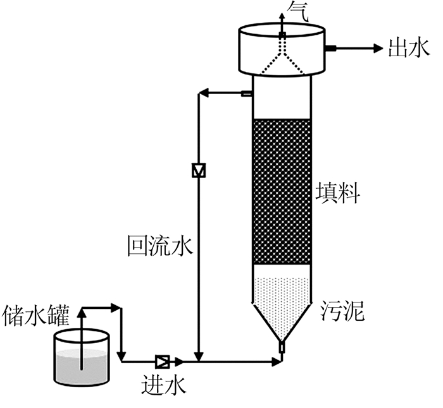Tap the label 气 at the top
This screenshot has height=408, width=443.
coord(296,11)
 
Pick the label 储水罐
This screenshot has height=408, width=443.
coord(36,314)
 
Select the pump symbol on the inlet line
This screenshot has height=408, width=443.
coord(162,361)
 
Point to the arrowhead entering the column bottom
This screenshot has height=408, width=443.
coord(277,361)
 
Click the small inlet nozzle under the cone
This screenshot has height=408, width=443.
coord(282,348)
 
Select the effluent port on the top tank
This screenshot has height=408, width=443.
coord(330,47)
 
